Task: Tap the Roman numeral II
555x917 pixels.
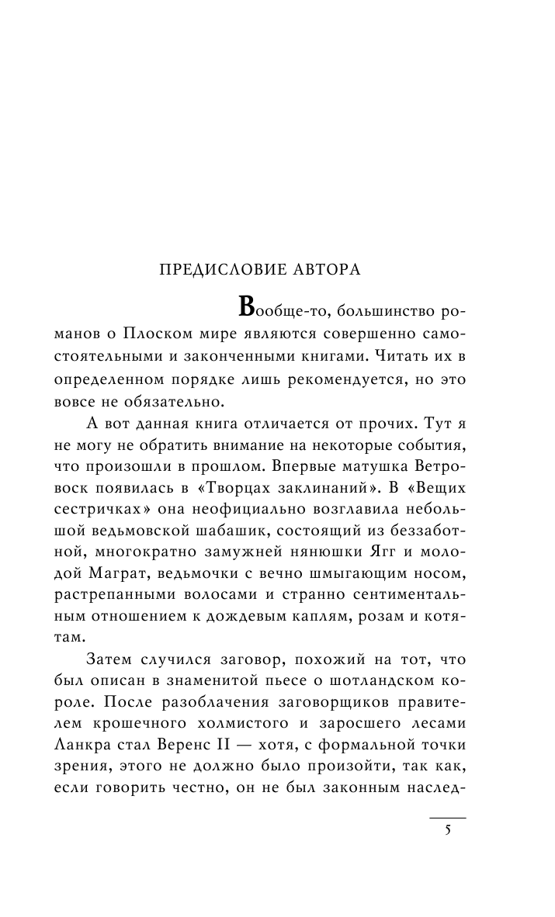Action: click(238, 725)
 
